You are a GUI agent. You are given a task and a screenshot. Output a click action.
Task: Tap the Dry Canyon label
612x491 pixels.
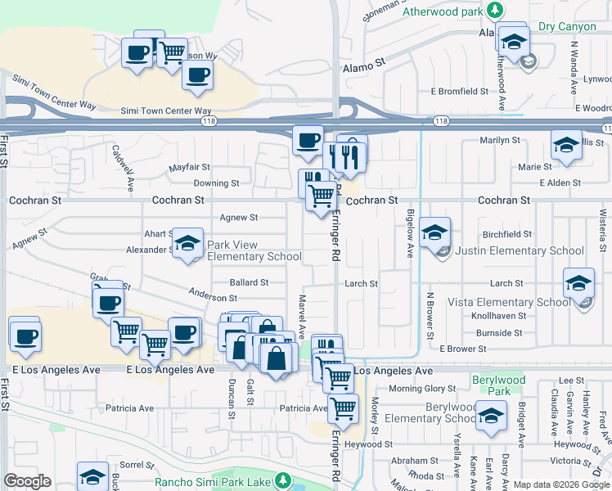[568, 27]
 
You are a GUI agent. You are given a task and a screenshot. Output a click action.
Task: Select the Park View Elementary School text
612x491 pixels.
[254, 250]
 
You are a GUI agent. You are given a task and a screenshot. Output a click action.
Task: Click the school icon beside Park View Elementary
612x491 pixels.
[187, 243]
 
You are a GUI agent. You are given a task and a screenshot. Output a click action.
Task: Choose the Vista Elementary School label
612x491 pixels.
[509, 302]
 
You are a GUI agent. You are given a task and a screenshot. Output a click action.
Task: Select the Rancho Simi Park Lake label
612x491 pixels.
[213, 481]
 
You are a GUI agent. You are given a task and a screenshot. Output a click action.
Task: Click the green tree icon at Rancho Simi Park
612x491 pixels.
[283, 480]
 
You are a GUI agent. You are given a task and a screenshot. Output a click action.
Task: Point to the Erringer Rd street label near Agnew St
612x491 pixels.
[335, 237]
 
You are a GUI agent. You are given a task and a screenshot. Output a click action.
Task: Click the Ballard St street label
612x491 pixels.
[249, 282]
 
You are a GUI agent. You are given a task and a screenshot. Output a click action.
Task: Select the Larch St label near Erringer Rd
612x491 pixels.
[361, 284]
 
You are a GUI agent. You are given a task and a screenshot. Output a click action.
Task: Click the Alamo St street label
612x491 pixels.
[364, 64]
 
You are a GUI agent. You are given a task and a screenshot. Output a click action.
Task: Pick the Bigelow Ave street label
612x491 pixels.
[411, 232]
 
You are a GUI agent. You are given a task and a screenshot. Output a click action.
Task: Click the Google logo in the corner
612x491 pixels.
[27, 481]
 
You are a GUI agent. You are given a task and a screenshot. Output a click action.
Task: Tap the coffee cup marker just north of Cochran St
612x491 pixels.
[308, 139]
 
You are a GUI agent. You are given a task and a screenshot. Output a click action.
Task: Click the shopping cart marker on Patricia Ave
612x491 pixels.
[344, 406]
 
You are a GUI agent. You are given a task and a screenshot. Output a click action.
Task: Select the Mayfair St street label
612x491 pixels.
[190, 167]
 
